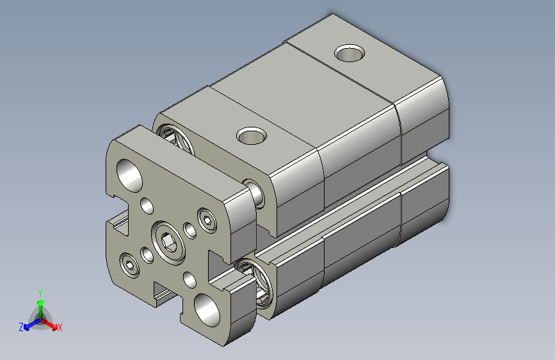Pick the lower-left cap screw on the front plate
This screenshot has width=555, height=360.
pos(130,265)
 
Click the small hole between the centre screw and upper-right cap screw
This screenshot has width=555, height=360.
pos(190,229)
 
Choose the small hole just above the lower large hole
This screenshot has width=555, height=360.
pos(190,279)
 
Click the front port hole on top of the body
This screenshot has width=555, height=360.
pos(252,135)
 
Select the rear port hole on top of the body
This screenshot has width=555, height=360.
pos(350,53)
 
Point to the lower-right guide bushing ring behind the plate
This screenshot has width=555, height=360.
pos(259,280)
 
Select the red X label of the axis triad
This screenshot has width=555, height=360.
pos(60,328)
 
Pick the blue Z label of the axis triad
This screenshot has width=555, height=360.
pos(21,327)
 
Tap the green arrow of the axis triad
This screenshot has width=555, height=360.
pos(40,304)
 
